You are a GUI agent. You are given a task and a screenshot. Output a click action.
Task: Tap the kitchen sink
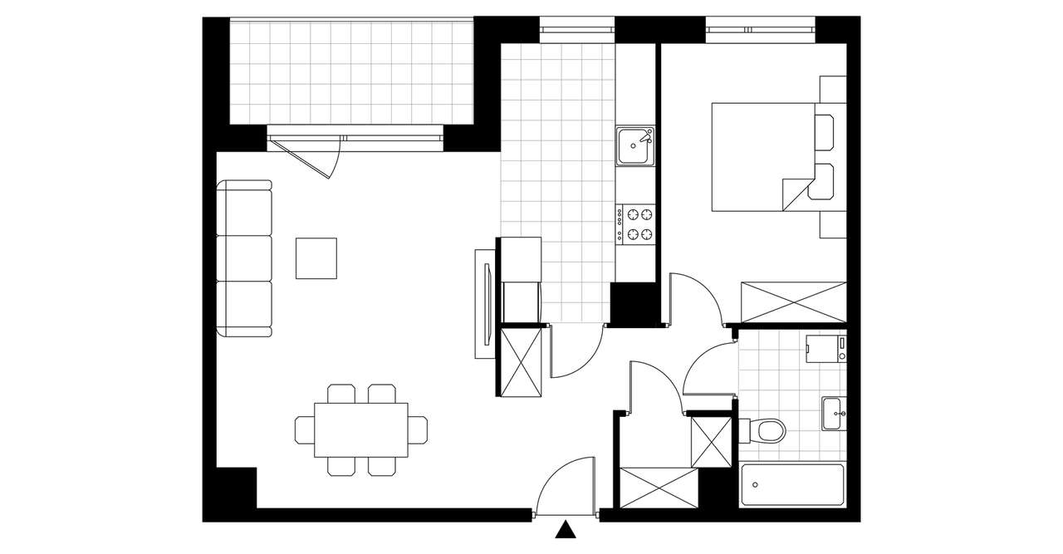[x=635, y=147]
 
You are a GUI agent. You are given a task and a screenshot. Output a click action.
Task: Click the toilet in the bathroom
[x=767, y=430]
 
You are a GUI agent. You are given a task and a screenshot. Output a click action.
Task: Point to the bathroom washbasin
[x=834, y=413]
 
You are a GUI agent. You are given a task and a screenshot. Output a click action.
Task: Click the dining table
[x=361, y=429]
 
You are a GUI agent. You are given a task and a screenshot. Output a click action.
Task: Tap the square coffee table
[x=316, y=258]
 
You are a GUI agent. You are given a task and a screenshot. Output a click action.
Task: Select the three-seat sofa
[x=245, y=259]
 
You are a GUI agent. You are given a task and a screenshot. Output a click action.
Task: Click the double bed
[x=760, y=156]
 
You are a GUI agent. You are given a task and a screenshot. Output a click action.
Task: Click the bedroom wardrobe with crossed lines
[x=792, y=302]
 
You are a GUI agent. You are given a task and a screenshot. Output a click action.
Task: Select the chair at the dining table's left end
[x=304, y=429]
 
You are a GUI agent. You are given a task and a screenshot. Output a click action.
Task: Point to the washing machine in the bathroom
[x=826, y=349]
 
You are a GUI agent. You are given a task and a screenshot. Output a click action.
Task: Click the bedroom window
[x=760, y=29]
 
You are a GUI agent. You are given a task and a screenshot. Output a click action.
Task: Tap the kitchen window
[x=577, y=29]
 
